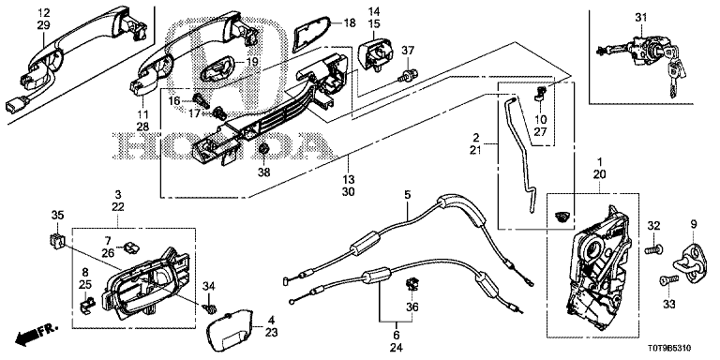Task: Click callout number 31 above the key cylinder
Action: coord(641,18)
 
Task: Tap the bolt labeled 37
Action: coord(406,75)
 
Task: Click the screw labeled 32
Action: coord(653,250)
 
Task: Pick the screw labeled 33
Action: coord(668,279)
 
